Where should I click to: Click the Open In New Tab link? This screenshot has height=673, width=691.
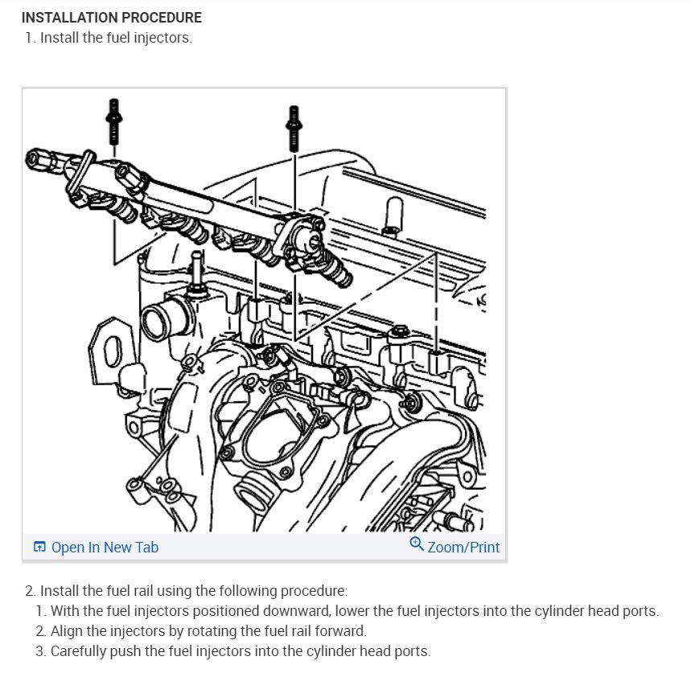pyautogui.click(x=105, y=547)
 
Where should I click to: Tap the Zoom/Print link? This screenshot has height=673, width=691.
pyautogui.click(x=463, y=547)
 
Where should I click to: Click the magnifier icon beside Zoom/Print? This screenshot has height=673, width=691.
pyautogui.click(x=417, y=544)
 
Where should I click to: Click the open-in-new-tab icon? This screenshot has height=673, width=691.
pyautogui.click(x=39, y=547)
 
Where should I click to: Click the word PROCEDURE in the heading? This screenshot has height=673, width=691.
pyautogui.click(x=162, y=18)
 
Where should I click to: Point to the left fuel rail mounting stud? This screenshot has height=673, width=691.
pyautogui.click(x=113, y=121)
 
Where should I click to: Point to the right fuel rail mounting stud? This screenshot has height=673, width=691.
pyautogui.click(x=294, y=129)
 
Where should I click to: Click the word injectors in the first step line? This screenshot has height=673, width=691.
pyautogui.click(x=162, y=38)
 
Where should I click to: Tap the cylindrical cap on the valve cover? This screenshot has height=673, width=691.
pyautogui.click(x=393, y=214)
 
